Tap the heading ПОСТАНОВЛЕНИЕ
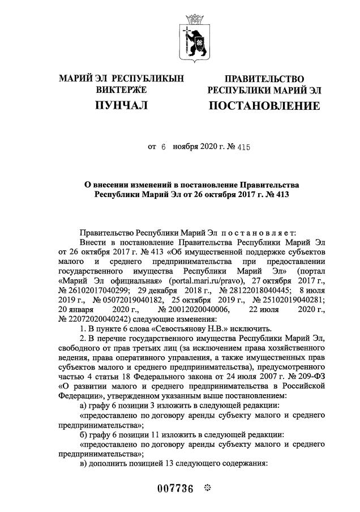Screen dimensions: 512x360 [x=264, y=106]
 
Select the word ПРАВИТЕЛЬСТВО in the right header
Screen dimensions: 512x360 [x=264, y=79]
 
